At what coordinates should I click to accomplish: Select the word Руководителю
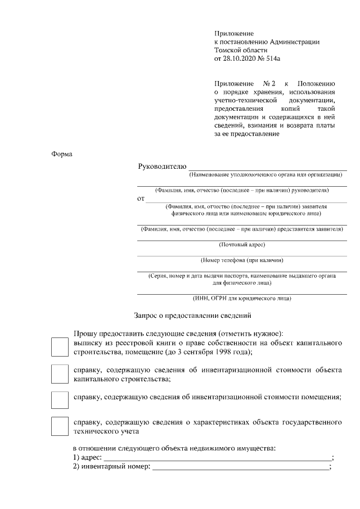pyautogui.click(x=161, y=166)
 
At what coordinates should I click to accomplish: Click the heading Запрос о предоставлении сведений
pyautogui.click(x=192, y=316)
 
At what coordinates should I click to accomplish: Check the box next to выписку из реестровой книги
pyautogui.click(x=60, y=347)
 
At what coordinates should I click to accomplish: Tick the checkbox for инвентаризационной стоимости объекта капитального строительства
pyautogui.click(x=60, y=374)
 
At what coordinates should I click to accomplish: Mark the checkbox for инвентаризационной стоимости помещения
pyautogui.click(x=60, y=399)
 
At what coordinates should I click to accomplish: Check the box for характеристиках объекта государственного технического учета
pyautogui.click(x=60, y=426)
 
